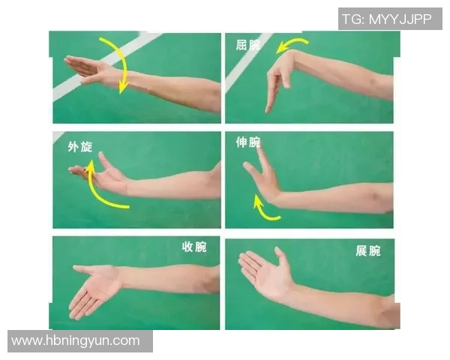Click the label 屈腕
[x=247, y=45]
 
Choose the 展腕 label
[x=367, y=250]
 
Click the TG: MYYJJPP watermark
[x=386, y=19]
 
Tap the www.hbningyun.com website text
[x=76, y=340]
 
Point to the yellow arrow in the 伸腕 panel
[x=261, y=210]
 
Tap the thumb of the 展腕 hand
[x=282, y=259]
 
